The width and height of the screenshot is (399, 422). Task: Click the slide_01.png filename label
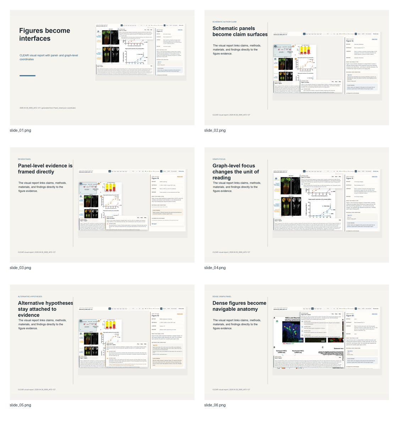[x=20, y=130]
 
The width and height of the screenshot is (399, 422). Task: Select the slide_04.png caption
[x=215, y=268]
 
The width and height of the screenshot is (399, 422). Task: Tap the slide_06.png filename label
[x=215, y=405]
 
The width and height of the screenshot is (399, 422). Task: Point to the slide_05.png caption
[x=20, y=405]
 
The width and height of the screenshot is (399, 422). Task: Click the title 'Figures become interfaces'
[x=44, y=34]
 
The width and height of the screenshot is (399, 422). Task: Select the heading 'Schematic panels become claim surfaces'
[x=240, y=31]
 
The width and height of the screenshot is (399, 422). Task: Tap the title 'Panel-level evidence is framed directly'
[x=45, y=169]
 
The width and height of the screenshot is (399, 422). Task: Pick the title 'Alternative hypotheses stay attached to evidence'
[x=45, y=309]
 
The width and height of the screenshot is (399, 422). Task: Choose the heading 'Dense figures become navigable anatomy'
[x=239, y=306]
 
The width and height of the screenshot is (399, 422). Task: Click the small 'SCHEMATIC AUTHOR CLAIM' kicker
[x=224, y=22]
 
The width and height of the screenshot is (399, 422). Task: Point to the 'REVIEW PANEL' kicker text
[x=24, y=159]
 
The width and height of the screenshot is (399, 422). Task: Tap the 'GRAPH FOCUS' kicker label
[x=219, y=159]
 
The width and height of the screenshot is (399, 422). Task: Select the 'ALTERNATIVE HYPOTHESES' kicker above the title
[x=30, y=297]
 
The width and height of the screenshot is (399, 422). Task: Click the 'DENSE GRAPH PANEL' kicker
[x=222, y=297]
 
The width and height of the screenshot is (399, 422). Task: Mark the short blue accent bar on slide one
[x=27, y=76]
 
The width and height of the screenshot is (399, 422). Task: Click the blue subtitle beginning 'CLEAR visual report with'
[x=49, y=57]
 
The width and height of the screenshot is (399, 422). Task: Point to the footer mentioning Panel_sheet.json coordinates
[x=48, y=108]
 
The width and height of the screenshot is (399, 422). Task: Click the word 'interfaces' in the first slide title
[x=35, y=39]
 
